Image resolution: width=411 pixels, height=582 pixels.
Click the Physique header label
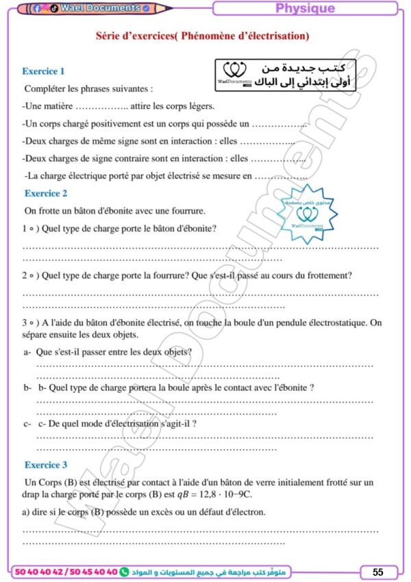(305, 8)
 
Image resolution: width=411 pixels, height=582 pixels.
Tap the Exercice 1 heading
(43, 71)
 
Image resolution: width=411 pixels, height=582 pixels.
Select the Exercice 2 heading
(46, 194)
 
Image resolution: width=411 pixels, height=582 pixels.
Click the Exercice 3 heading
(46, 465)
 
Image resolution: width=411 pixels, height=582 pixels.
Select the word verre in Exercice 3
(257, 483)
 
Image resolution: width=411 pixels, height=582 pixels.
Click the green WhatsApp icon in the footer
(124, 571)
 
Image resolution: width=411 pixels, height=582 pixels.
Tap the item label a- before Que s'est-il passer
(27, 352)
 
